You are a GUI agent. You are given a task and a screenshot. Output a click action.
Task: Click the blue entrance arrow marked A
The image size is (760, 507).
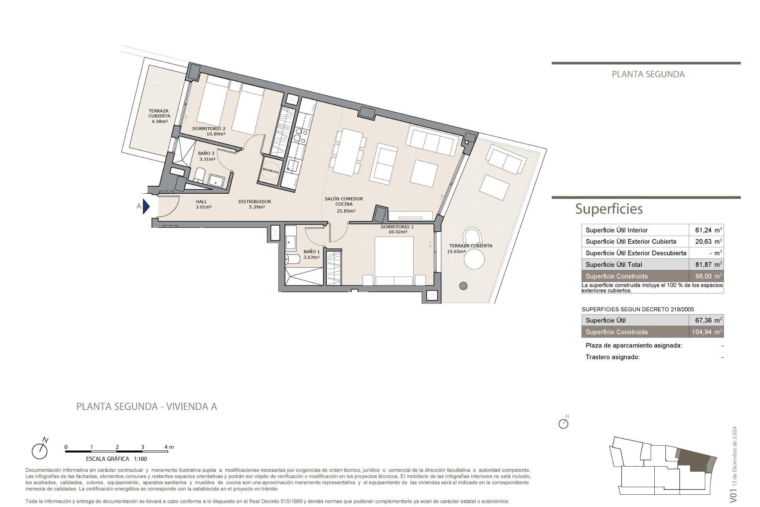[146, 206]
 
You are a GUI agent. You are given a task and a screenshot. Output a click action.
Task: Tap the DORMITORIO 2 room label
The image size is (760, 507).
[209, 129]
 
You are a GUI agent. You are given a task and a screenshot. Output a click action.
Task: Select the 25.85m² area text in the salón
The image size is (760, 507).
[346, 211]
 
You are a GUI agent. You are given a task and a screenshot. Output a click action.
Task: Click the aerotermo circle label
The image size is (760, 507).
[271, 171]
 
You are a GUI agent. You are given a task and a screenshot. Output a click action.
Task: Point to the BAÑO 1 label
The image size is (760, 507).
[312, 252]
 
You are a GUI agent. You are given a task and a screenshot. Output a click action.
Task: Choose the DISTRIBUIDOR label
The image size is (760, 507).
[255, 202]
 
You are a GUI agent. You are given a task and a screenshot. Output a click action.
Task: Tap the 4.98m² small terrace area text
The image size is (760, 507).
[160, 122]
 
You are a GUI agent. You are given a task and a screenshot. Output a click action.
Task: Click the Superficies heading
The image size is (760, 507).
[609, 209]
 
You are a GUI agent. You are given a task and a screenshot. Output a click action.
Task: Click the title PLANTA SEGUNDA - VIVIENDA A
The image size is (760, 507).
[146, 406]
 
